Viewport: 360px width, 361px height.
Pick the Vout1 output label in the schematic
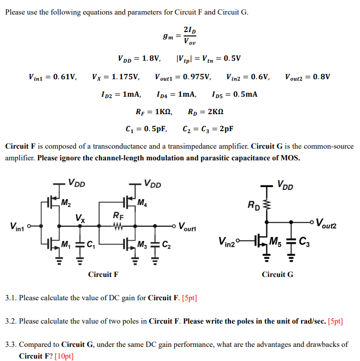(x=189, y=226)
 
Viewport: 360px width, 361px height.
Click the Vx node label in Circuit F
(x=80, y=219)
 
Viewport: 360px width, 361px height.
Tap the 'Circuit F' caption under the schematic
(x=103, y=275)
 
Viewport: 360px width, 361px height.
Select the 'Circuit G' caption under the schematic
(x=277, y=275)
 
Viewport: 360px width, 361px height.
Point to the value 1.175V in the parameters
(x=126, y=77)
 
